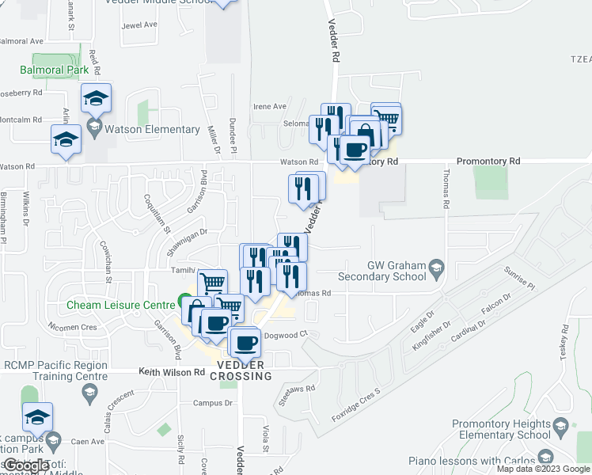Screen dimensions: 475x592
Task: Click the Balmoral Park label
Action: point(54,70)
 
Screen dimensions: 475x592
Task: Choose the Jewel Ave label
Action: point(139,25)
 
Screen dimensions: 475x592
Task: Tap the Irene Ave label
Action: point(269,106)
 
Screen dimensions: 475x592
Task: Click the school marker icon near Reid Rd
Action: point(96,98)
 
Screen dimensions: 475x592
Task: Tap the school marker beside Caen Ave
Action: point(37,417)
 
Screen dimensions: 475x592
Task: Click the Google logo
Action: point(25,465)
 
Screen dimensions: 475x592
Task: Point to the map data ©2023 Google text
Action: point(542,469)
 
